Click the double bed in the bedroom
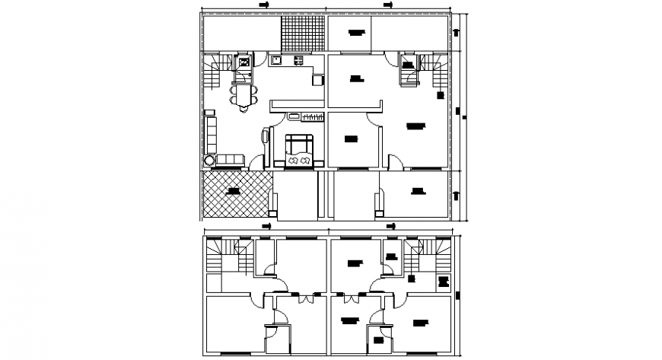(299, 150)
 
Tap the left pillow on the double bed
(293, 160)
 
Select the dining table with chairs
(243, 95)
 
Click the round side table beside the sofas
(208, 160)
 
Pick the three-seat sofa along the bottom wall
(230, 160)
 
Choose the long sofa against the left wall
(211, 134)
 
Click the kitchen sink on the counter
(277, 59)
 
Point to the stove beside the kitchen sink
(298, 59)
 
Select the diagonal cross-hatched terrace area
(236, 192)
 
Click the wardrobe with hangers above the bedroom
(312, 116)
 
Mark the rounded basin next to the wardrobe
(293, 116)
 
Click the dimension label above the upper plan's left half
(264, 5)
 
